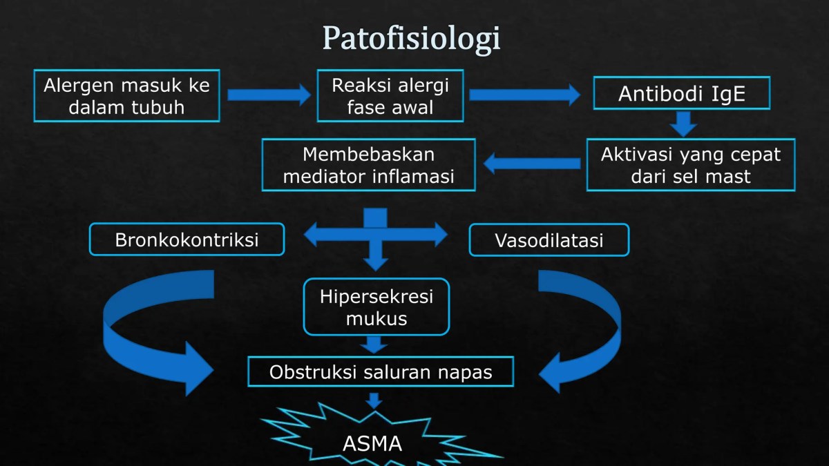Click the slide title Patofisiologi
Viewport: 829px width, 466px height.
[x=411, y=38]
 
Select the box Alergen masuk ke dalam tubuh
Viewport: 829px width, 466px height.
[x=126, y=96]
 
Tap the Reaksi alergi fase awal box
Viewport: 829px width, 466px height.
[x=390, y=96]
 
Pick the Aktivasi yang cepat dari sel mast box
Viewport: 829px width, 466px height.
[x=691, y=165]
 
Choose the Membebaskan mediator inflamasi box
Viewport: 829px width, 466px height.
[x=369, y=165]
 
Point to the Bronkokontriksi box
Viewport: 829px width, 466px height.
[x=187, y=240]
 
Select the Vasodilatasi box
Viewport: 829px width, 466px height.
[x=549, y=240]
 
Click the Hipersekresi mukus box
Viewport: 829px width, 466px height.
[x=377, y=307]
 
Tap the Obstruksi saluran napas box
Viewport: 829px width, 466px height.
[x=381, y=372]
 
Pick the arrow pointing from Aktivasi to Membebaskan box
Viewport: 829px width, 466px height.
[x=532, y=164]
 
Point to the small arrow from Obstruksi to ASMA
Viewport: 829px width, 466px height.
[x=374, y=400]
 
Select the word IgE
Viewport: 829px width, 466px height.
[x=727, y=94]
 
